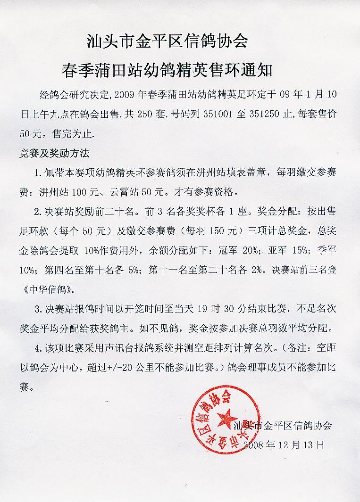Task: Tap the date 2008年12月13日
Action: point(285,444)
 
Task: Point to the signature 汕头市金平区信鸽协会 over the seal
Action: point(283,425)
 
